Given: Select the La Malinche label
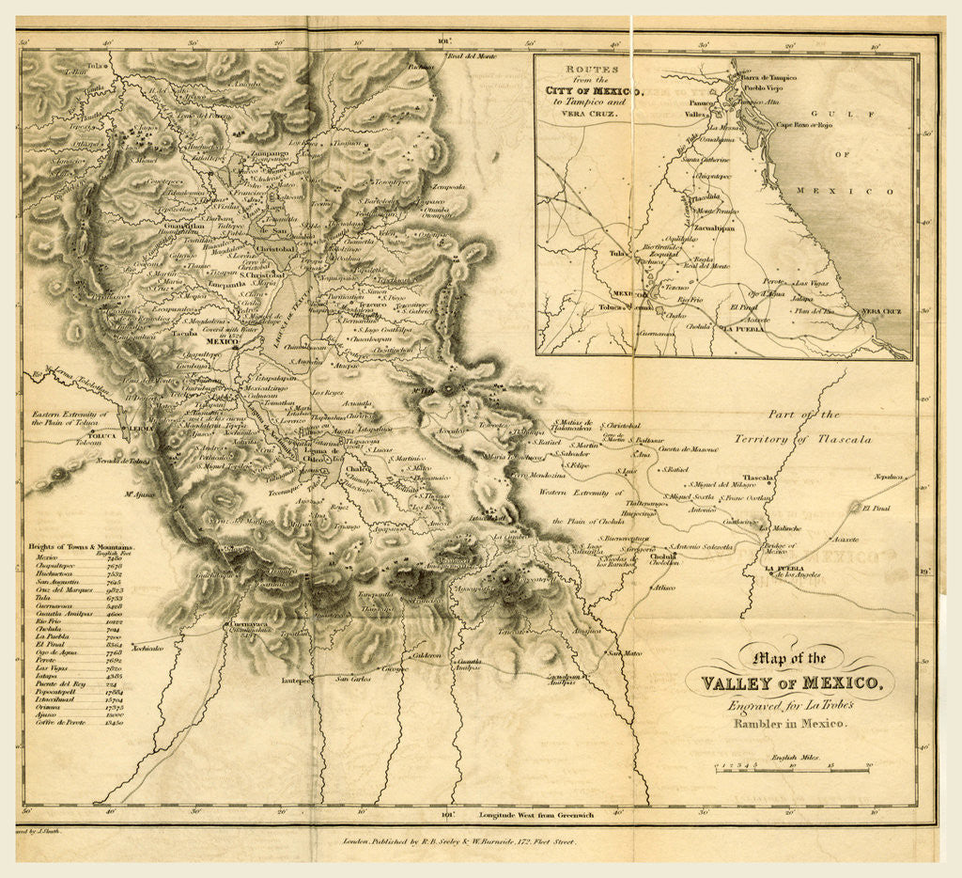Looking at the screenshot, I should (779, 529).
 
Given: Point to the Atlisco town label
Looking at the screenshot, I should (663, 588).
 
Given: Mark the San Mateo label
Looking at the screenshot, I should (624, 652).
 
